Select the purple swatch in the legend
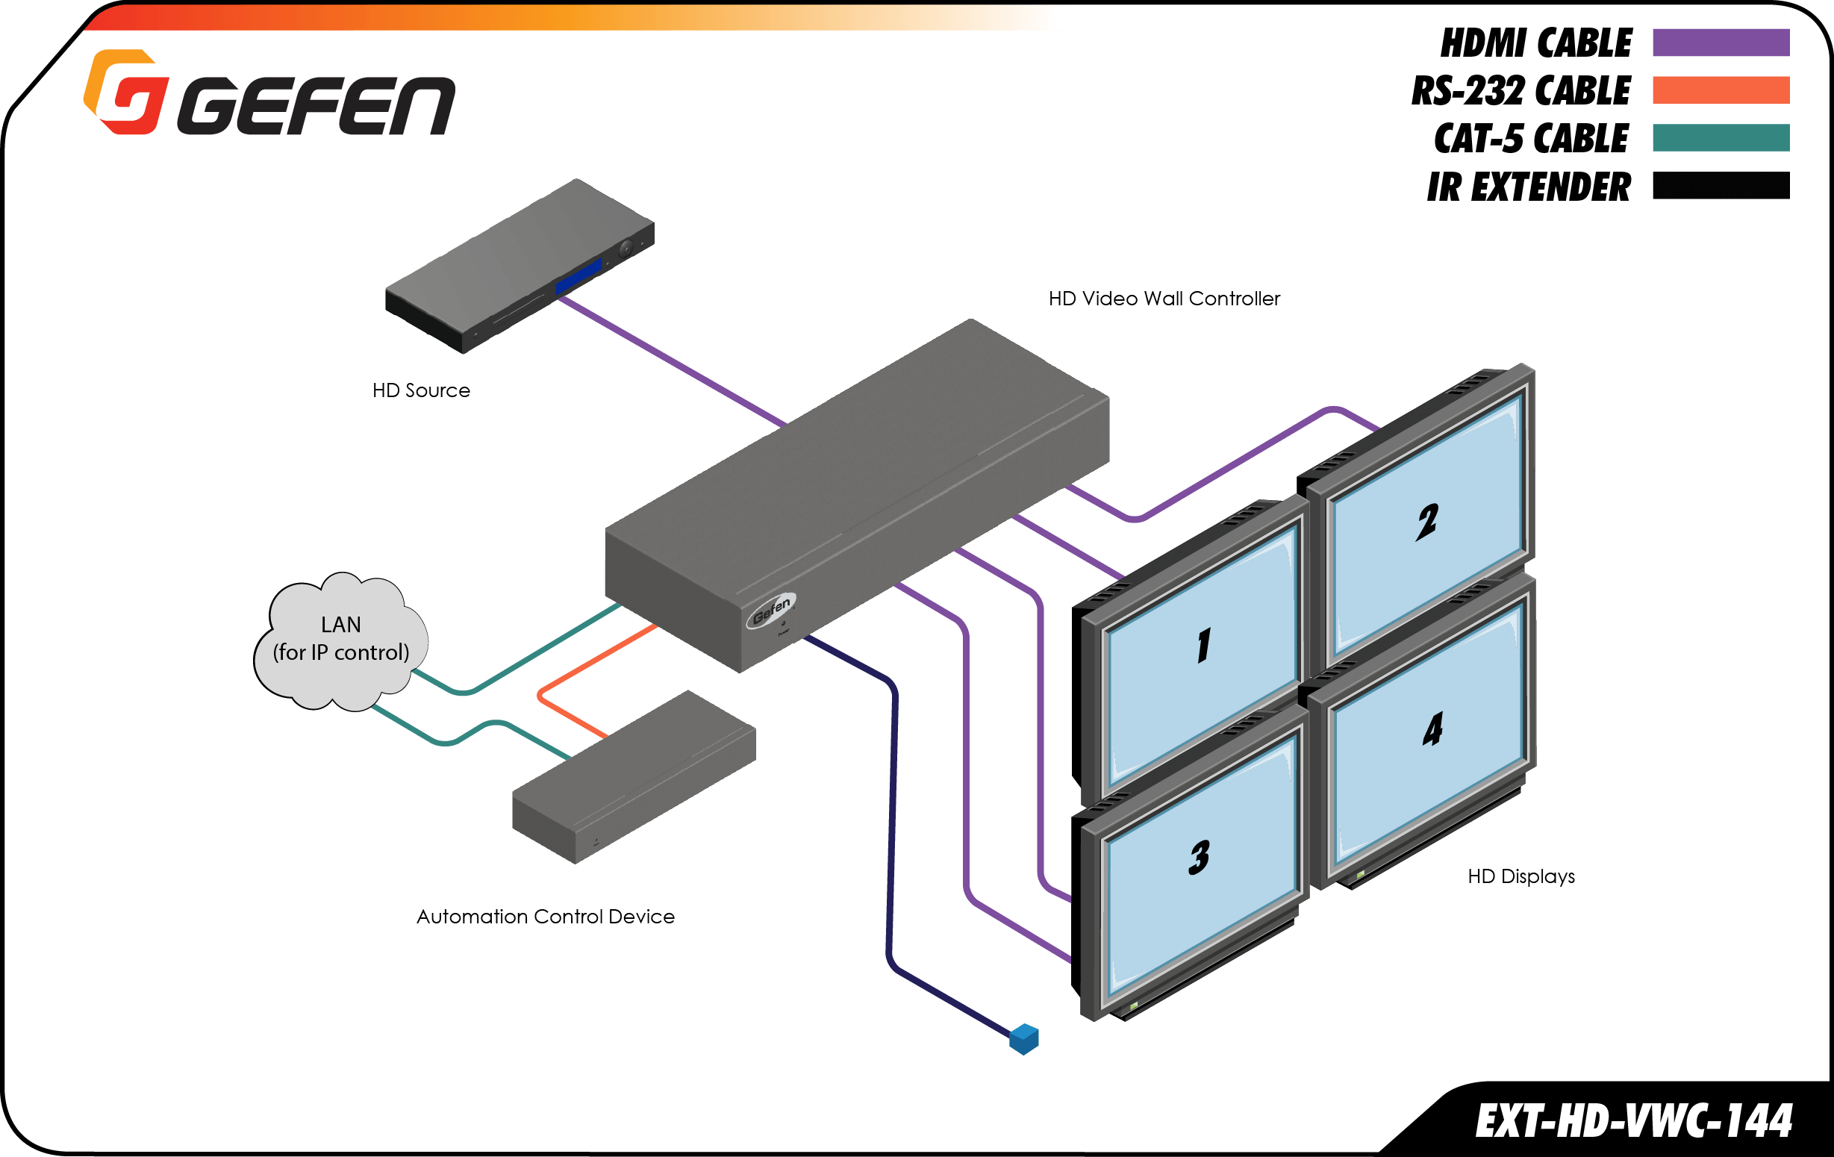(x=1720, y=43)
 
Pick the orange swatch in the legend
(x=1720, y=90)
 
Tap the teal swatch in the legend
(x=1720, y=137)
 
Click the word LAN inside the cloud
(x=340, y=625)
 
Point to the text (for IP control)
(x=340, y=652)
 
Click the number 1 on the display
(x=1203, y=646)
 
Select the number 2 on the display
(x=1426, y=523)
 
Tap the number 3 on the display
(x=1199, y=858)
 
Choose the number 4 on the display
(x=1432, y=730)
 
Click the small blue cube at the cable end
(x=1023, y=1039)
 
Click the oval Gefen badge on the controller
(x=771, y=610)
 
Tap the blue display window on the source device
(x=578, y=275)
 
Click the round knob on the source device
(x=626, y=248)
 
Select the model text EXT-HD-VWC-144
(x=1634, y=1121)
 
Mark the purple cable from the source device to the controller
(x=670, y=360)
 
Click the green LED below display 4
(x=1360, y=876)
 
